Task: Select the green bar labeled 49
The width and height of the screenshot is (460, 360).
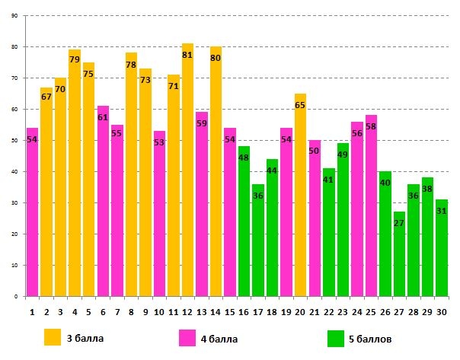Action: tap(343, 220)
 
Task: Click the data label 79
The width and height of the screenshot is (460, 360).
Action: tap(75, 59)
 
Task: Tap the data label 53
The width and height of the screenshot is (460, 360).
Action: tap(159, 142)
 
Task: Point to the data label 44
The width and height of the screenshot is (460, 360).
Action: tap(272, 170)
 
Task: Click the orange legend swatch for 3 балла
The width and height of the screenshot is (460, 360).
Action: tap(53, 337)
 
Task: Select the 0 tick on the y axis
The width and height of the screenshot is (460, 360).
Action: tap(17, 297)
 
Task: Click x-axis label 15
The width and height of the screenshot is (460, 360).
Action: tap(229, 311)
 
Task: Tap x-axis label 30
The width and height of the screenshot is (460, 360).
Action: tap(442, 311)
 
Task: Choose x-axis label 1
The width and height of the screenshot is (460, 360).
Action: tap(32, 311)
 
